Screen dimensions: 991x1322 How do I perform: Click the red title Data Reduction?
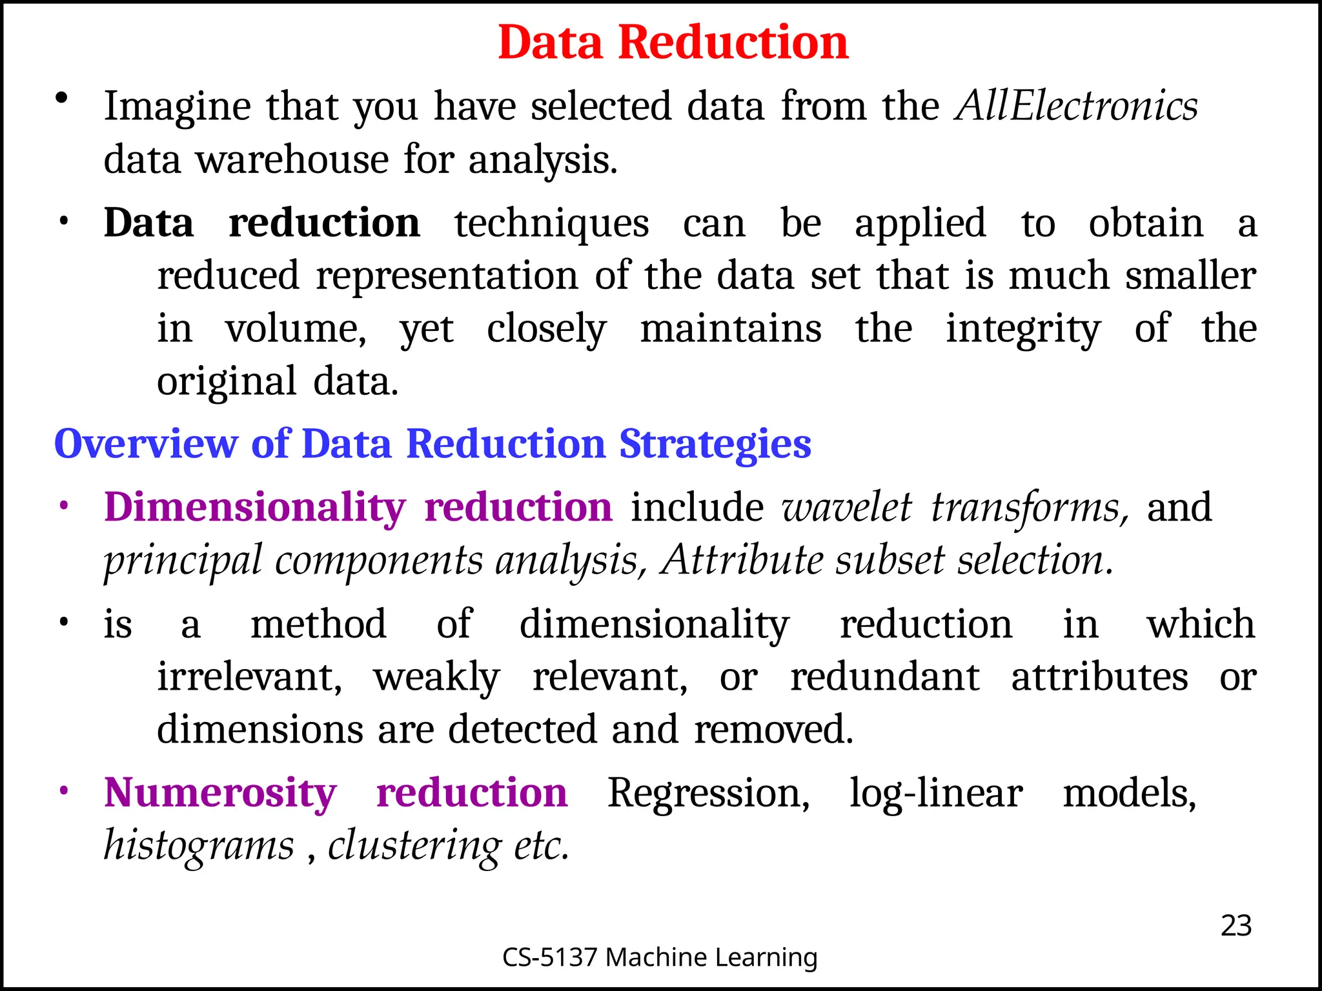673,43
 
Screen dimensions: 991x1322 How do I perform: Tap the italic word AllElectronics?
1076,106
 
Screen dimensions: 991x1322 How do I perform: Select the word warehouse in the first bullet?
292,159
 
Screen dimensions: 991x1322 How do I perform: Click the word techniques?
551,223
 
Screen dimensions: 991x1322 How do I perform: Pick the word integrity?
1023,328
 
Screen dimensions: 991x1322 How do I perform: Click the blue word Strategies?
715,444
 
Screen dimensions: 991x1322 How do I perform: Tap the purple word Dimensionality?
255,507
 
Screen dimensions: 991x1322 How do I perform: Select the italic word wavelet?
847,507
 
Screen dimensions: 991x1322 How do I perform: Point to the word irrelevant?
250,677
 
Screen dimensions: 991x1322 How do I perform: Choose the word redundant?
885,677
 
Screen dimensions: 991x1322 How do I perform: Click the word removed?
773,729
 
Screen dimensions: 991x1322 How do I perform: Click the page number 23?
1236,926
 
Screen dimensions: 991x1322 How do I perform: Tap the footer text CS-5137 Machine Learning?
660,957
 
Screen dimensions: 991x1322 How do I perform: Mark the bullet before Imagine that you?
62,99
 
